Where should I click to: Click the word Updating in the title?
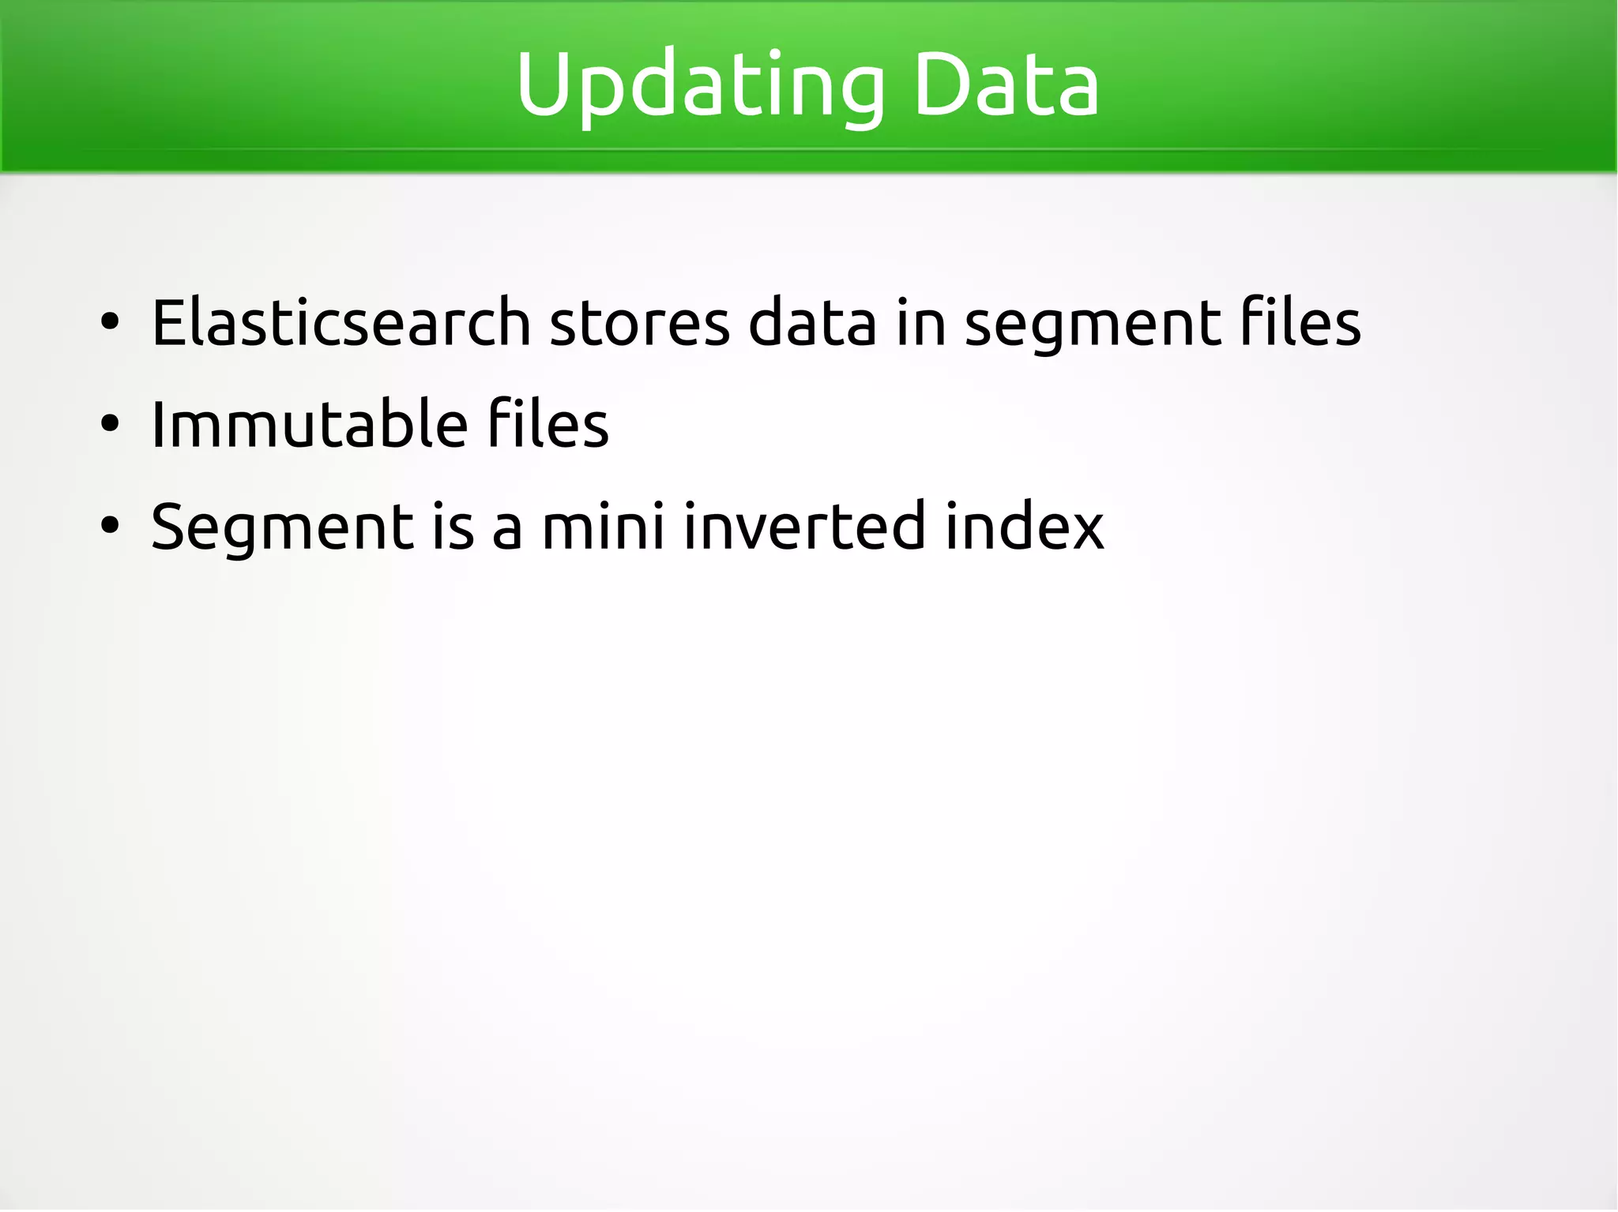click(x=700, y=85)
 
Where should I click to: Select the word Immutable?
click(x=307, y=424)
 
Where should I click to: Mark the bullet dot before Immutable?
click(x=110, y=424)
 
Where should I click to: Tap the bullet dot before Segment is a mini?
click(x=110, y=526)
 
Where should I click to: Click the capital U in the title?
click(x=545, y=82)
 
